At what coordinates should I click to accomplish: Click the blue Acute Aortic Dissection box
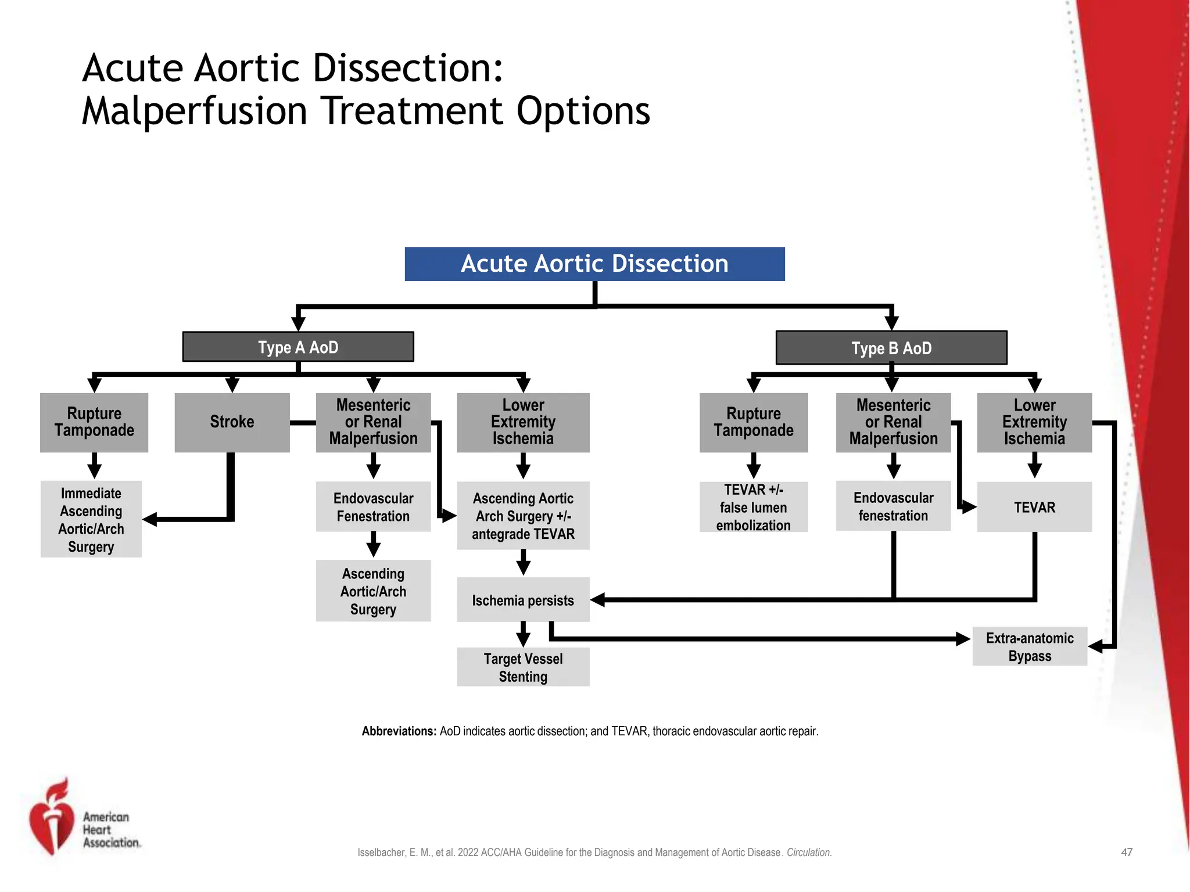pyautogui.click(x=594, y=264)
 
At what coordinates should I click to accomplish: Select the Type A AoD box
pyautogui.click(x=298, y=347)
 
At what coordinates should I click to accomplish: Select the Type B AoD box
pyautogui.click(x=891, y=348)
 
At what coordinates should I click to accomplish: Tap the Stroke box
pyautogui.click(x=232, y=422)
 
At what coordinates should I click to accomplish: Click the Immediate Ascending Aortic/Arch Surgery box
pyautogui.click(x=91, y=519)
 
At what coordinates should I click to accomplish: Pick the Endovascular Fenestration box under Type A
pyautogui.click(x=373, y=506)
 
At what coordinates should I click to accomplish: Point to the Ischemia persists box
pyautogui.click(x=523, y=600)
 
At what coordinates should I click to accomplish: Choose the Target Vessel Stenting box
pyautogui.click(x=523, y=667)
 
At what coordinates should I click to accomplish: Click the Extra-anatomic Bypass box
pyautogui.click(x=1030, y=646)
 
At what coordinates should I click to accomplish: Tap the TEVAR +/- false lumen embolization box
pyautogui.click(x=753, y=507)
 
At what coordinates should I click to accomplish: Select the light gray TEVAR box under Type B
pyautogui.click(x=1034, y=507)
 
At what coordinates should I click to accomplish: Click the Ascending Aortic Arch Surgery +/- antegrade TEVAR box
pyautogui.click(x=523, y=516)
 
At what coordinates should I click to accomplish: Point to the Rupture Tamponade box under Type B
pyautogui.click(x=753, y=422)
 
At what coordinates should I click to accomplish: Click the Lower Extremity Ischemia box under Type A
pyautogui.click(x=523, y=422)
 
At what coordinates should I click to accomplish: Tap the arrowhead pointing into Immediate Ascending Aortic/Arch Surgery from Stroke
pyautogui.click(x=150, y=519)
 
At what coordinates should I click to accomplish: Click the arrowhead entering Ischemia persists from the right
pyautogui.click(x=598, y=600)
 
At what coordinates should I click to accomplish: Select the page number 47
pyautogui.click(x=1127, y=853)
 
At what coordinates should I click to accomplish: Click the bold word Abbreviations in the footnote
pyautogui.click(x=399, y=731)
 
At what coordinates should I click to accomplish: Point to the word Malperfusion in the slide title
pyautogui.click(x=194, y=111)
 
